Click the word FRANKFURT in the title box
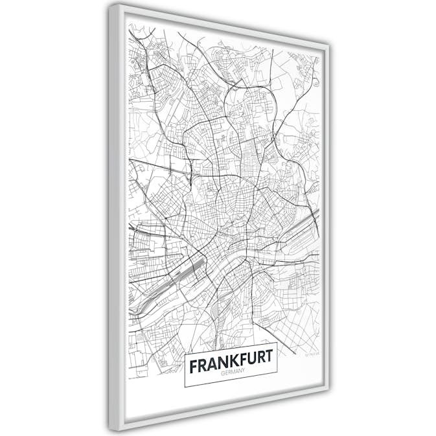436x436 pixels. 231,365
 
